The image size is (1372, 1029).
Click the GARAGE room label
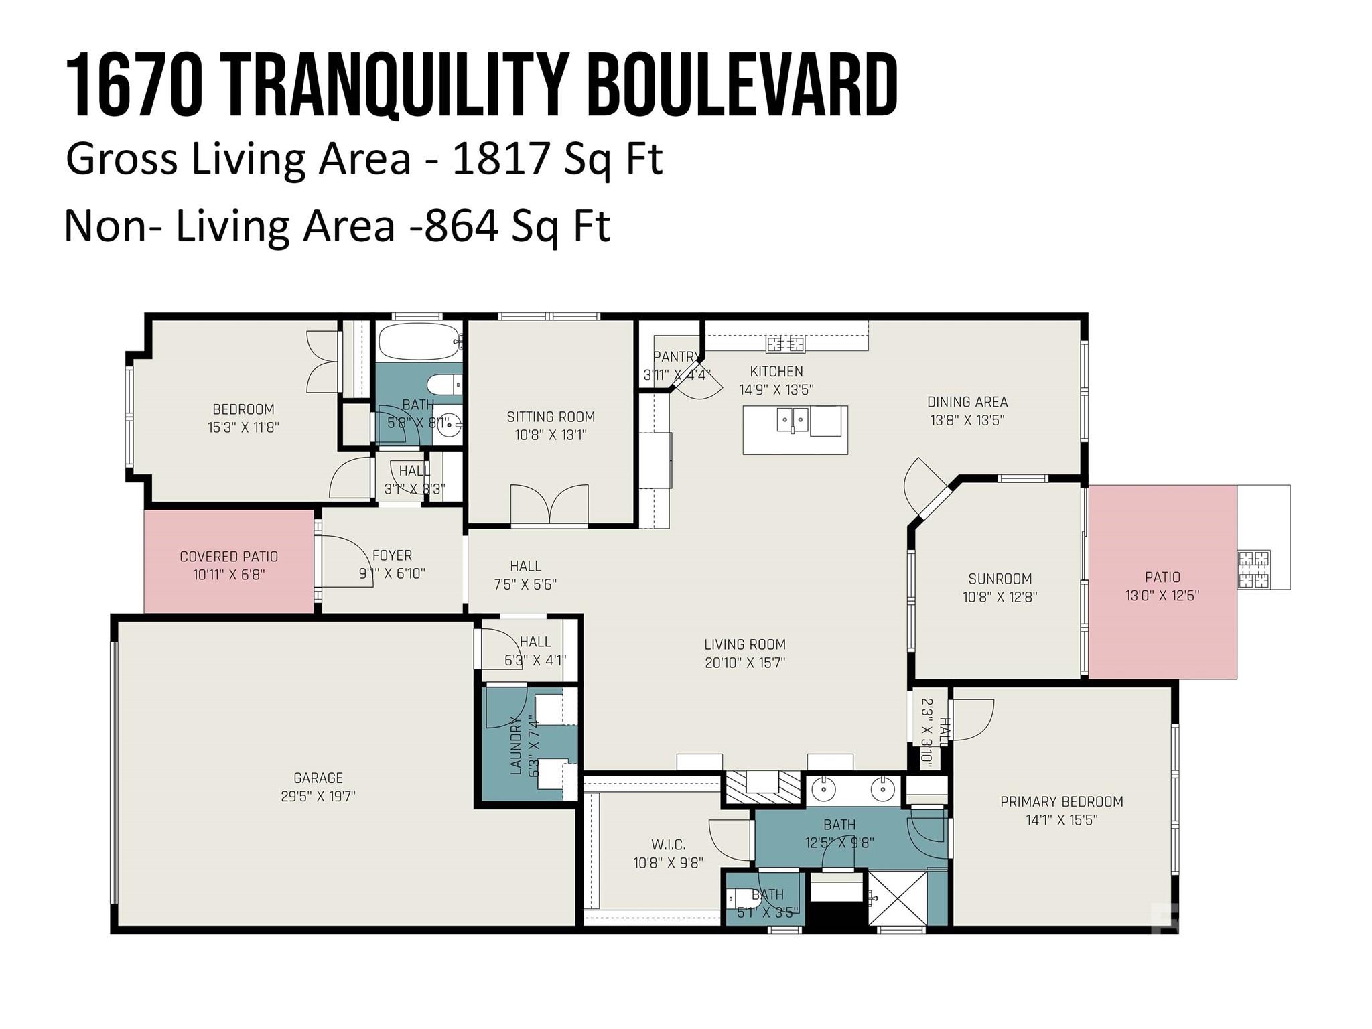pos(318,778)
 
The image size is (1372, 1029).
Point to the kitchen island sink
pos(793,421)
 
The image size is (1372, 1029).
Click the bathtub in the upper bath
pos(419,342)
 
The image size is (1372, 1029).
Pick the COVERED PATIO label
pos(229,557)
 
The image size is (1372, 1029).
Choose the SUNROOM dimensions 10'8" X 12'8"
pos(1000,597)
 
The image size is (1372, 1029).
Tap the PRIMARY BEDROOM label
pos(1062,801)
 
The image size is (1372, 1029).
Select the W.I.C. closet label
pos(669,845)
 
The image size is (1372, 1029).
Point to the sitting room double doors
pos(549,504)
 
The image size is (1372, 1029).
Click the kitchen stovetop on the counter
pos(786,344)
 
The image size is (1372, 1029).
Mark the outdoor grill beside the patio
pos(1253,569)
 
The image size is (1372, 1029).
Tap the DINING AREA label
pos(967,402)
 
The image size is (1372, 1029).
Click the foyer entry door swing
pos(347,561)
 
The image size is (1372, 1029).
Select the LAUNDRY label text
pos(516,746)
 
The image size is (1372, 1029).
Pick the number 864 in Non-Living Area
pos(462,226)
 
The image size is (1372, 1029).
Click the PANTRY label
pos(676,357)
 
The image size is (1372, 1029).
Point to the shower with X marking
pos(898,898)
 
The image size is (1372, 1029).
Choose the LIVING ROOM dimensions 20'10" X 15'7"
pos(745,663)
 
